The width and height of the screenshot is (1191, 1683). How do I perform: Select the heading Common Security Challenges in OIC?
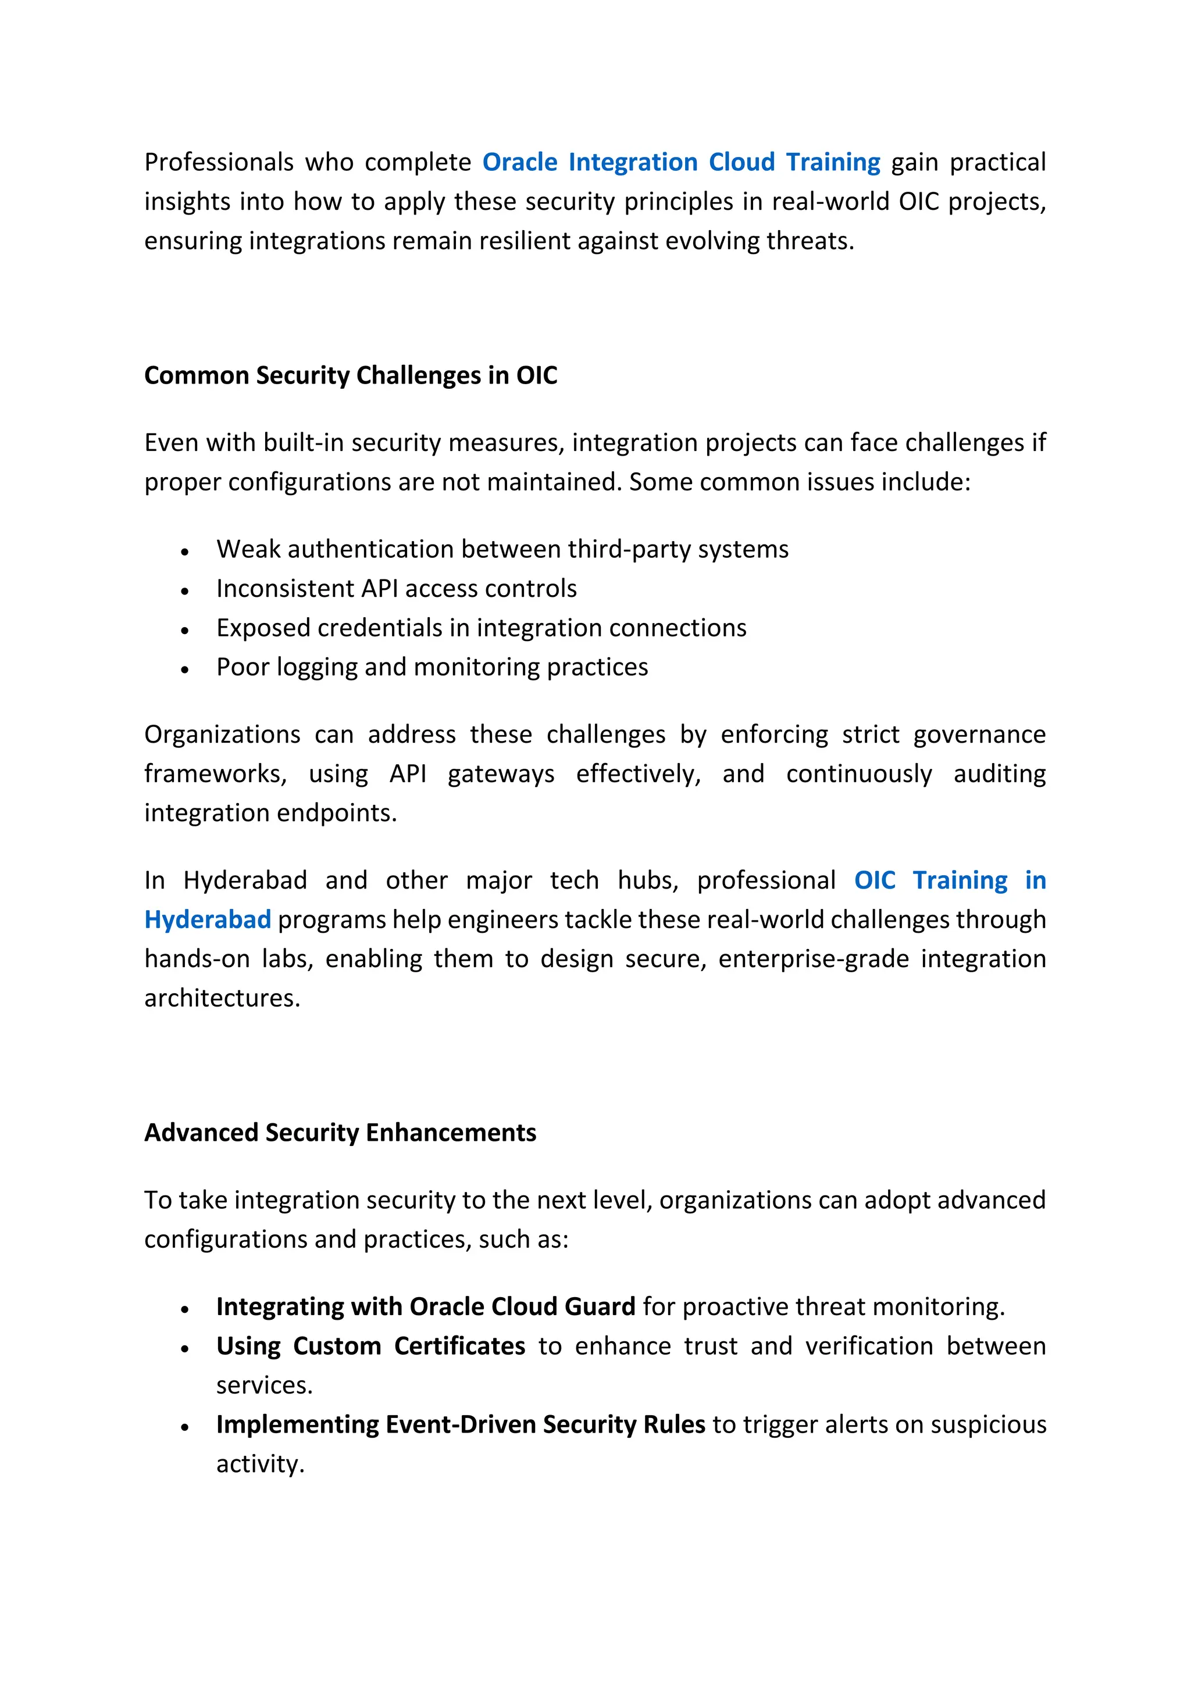(351, 375)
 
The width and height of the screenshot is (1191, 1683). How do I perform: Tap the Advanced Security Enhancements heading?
(340, 1133)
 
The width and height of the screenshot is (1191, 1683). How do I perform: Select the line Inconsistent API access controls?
(396, 589)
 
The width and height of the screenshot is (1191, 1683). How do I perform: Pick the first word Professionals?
(219, 162)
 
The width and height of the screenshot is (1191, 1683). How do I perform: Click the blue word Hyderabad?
(208, 919)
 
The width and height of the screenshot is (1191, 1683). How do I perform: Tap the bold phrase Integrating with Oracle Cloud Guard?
(425, 1307)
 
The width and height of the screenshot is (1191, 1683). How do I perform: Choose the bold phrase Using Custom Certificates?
(370, 1347)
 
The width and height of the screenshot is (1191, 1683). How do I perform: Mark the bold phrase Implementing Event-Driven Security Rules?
(460, 1425)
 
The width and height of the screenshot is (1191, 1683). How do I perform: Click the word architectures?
(222, 998)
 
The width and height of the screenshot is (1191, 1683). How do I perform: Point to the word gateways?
(501, 774)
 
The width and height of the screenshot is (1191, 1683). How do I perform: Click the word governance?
(979, 735)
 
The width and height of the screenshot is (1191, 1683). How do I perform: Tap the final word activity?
(259, 1464)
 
